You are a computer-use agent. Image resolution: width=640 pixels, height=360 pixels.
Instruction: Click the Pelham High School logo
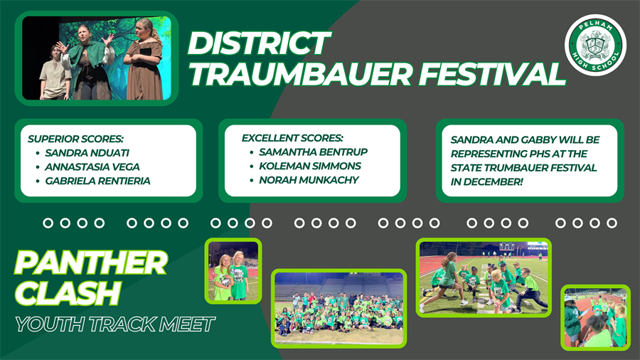point(595,46)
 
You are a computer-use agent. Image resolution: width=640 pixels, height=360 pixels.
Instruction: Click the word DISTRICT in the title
point(258,44)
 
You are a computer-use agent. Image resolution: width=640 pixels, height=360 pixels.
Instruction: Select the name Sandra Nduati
point(87,152)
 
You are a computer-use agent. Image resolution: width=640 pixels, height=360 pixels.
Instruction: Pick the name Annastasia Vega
point(92,166)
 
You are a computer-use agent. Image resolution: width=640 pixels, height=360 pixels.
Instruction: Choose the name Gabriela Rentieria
point(97,181)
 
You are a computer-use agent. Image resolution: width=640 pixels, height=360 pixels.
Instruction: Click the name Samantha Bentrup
point(313,152)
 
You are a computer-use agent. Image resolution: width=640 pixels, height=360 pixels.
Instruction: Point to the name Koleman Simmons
point(310,166)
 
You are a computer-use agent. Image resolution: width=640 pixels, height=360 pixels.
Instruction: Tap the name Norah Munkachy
point(309,180)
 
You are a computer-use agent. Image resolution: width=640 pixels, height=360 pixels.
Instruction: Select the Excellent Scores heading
point(292,137)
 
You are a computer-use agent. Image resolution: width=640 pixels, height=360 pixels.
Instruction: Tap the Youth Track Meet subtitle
point(114,324)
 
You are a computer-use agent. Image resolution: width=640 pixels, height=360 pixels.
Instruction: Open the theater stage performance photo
point(97,58)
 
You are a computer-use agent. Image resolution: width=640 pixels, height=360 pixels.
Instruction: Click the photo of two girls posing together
point(233,271)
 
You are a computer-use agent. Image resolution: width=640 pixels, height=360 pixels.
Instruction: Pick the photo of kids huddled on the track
point(483,277)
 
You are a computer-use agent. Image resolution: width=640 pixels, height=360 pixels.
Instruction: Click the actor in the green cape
point(87,60)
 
